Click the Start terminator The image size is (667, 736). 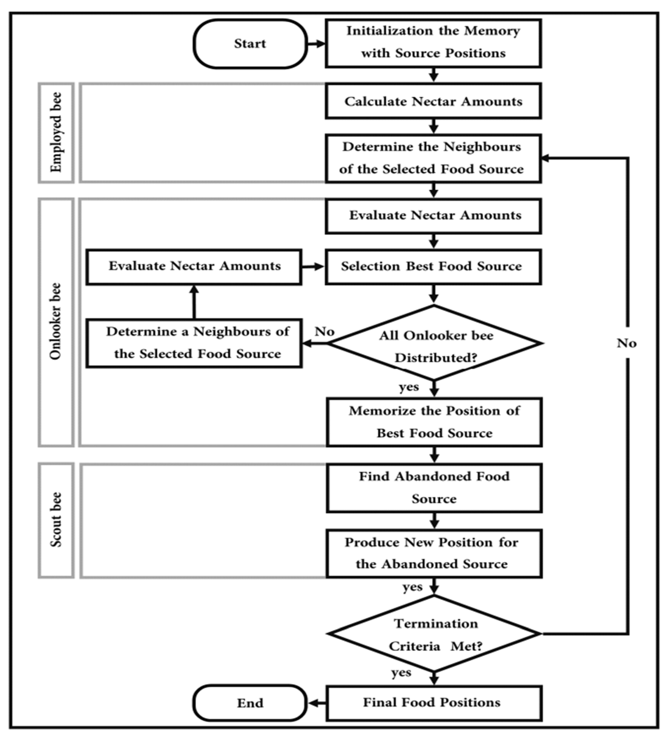tap(250, 44)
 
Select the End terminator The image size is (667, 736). tap(250, 703)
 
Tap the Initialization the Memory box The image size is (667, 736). tap(433, 43)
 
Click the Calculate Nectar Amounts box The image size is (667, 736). tap(433, 101)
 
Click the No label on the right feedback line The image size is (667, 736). tap(627, 343)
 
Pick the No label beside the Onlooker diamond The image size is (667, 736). tap(324, 332)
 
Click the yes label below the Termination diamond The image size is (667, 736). tap(401, 673)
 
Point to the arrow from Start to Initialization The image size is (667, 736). tap(316, 44)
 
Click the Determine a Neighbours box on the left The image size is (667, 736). tap(194, 343)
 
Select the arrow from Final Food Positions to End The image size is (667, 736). tap(316, 703)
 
